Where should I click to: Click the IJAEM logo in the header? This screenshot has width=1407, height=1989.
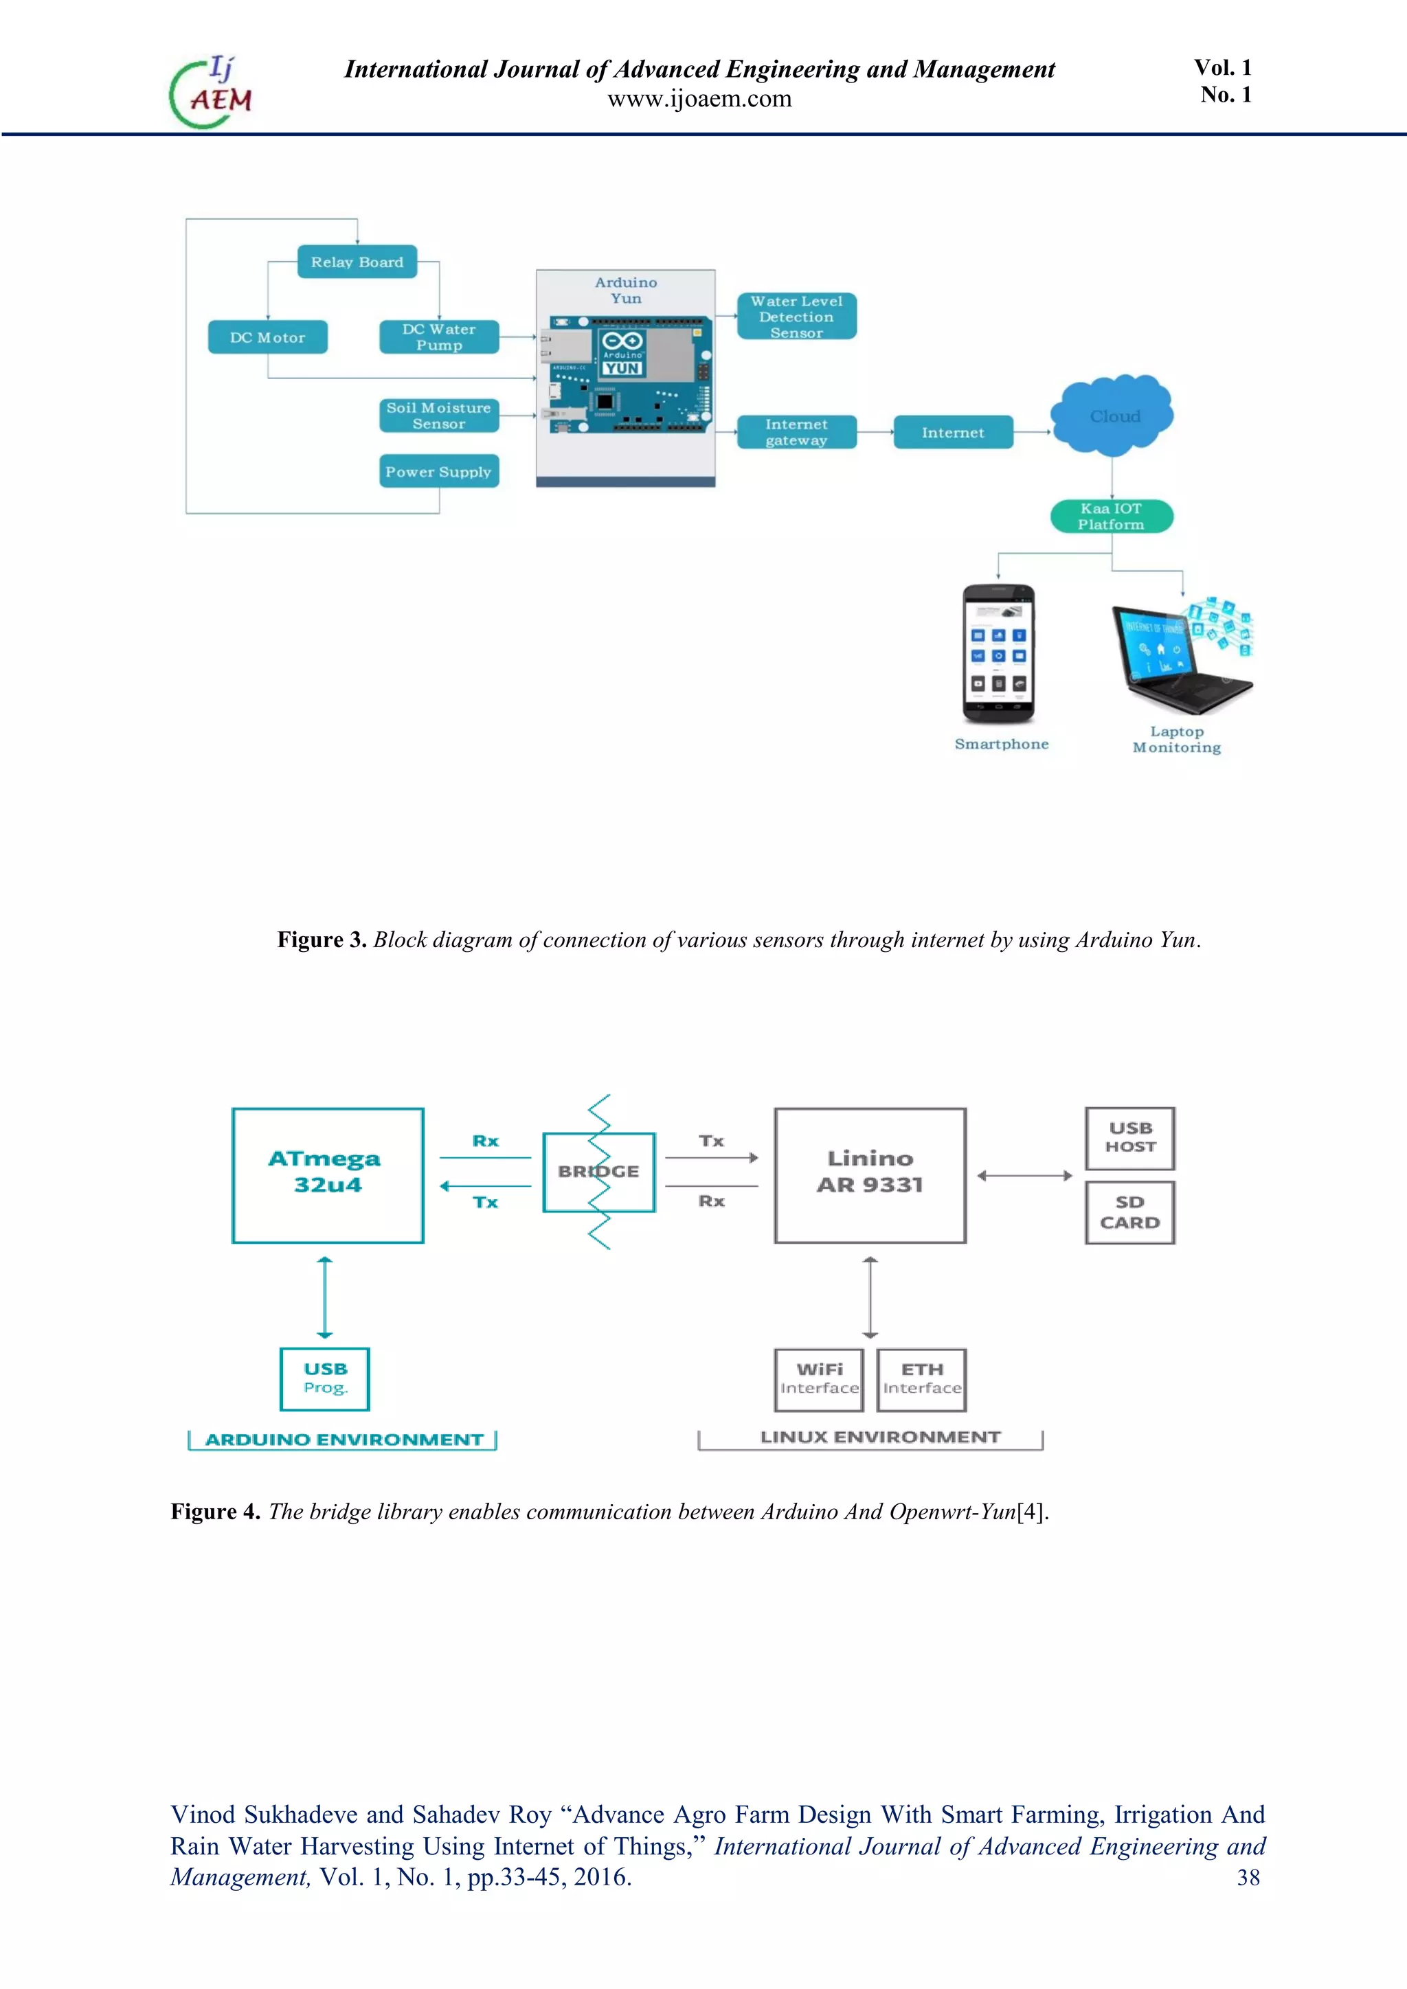[210, 92]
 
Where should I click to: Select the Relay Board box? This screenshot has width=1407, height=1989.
[357, 262]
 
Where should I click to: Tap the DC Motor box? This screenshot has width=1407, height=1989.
[268, 337]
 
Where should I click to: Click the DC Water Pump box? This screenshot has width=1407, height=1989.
[439, 337]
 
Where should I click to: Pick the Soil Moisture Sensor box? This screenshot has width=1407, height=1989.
[439, 416]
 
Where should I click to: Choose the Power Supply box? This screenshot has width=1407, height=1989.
[439, 471]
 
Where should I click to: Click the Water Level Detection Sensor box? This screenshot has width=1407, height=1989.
[796, 316]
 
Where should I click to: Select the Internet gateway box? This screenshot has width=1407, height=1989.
[796, 432]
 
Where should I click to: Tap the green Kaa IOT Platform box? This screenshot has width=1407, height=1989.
[1112, 516]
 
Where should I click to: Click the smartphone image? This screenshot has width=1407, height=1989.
[998, 654]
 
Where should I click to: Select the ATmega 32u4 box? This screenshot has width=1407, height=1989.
[328, 1174]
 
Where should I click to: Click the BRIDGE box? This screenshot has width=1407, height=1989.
[598, 1171]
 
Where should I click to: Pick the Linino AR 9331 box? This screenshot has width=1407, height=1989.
[870, 1174]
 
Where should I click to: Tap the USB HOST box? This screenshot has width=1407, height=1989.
[1129, 1137]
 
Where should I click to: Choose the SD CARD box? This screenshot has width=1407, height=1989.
[1129, 1212]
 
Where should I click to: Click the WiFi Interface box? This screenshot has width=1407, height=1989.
[819, 1378]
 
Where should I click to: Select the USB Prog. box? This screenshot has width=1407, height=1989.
[325, 1378]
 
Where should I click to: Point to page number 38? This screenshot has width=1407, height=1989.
[1248, 1877]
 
